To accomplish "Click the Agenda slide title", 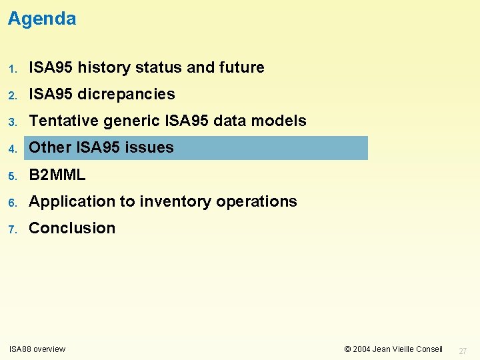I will point(42,19).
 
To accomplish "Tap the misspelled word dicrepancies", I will point(126,94).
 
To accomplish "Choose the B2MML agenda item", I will point(57,175).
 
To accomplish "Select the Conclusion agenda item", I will point(72,228).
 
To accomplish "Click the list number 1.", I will point(12,68).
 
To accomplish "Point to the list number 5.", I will point(12,175).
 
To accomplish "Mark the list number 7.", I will point(12,229).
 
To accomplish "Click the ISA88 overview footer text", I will point(37,349).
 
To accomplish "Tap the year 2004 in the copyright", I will point(362,349).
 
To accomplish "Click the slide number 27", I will point(464,350).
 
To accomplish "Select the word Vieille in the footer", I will point(403,349).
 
